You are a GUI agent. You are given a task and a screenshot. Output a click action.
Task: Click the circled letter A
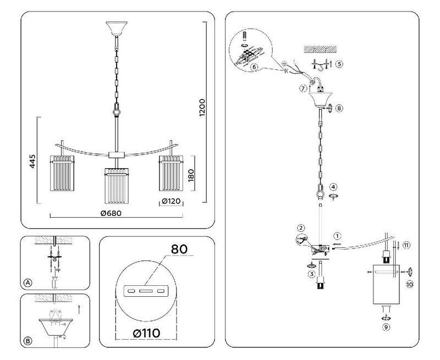28,283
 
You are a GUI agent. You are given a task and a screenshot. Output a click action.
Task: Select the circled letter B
28,340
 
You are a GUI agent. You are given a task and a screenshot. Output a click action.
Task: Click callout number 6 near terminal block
254,67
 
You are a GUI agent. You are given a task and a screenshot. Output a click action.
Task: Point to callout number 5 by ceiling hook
339,64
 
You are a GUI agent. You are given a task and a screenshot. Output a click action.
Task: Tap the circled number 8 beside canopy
339,108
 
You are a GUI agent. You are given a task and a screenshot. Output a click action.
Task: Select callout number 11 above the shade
406,245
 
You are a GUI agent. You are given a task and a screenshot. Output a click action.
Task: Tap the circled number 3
311,273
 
